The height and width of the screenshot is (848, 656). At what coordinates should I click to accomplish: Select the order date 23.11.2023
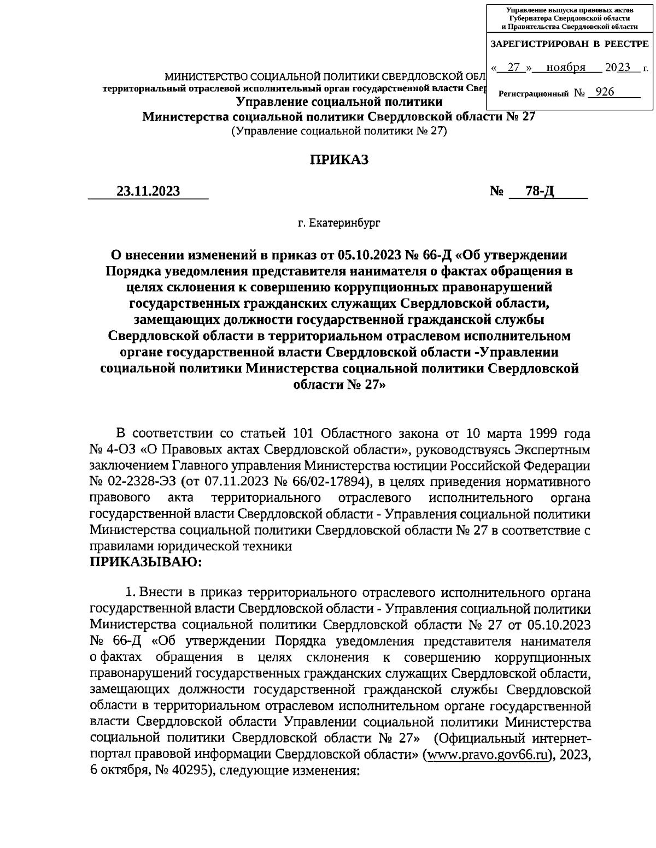(x=148, y=191)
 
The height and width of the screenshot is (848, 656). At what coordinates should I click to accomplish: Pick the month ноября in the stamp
(x=566, y=68)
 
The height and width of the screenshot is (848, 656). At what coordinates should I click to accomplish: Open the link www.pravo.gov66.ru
(x=487, y=755)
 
